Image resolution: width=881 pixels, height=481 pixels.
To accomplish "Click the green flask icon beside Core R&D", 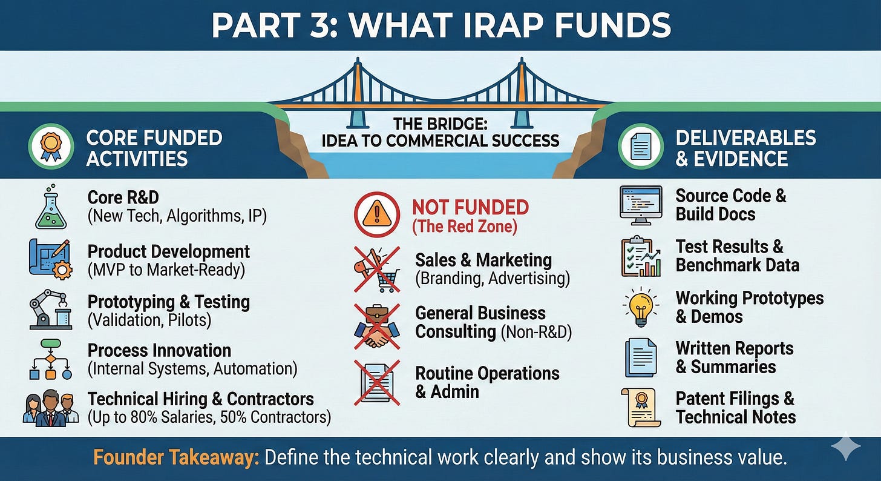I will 50,207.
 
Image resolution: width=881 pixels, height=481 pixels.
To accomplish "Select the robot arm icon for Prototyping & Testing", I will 50,310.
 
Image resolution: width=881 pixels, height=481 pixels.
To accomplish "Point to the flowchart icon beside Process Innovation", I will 50,359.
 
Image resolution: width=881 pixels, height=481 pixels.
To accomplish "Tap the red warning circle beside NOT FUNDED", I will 377,215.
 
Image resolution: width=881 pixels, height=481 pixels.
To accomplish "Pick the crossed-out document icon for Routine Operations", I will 377,382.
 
